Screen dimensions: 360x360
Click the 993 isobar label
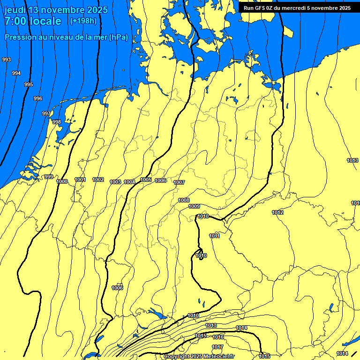7,60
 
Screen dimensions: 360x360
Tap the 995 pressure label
29,84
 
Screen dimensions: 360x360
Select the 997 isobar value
46,114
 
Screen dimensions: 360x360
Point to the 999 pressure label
49,177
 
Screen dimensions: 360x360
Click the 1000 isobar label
62,181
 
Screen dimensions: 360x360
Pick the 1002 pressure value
98,180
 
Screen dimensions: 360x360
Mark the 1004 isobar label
129,182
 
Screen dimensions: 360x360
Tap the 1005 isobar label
146,180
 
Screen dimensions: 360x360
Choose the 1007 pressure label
179,182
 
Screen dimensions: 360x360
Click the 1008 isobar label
184,200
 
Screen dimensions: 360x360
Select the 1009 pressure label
194,206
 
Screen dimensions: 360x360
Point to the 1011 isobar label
215,236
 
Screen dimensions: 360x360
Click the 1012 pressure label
277,212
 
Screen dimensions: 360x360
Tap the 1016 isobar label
218,337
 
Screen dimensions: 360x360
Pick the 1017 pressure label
217,347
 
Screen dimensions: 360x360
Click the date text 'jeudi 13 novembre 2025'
56,10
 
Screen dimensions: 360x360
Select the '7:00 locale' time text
33,21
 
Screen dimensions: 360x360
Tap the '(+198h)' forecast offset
83,21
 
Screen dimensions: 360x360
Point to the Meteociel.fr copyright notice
199,356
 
